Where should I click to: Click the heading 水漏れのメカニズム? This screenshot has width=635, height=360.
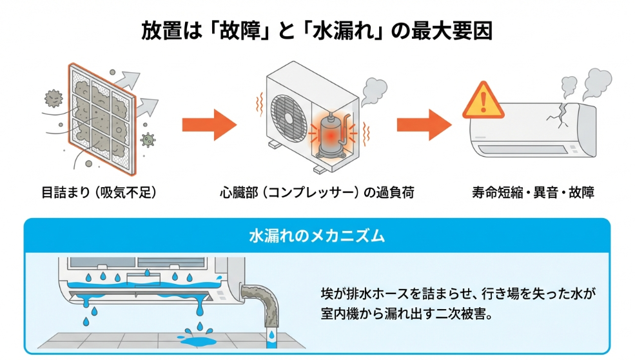(x=317, y=235)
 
